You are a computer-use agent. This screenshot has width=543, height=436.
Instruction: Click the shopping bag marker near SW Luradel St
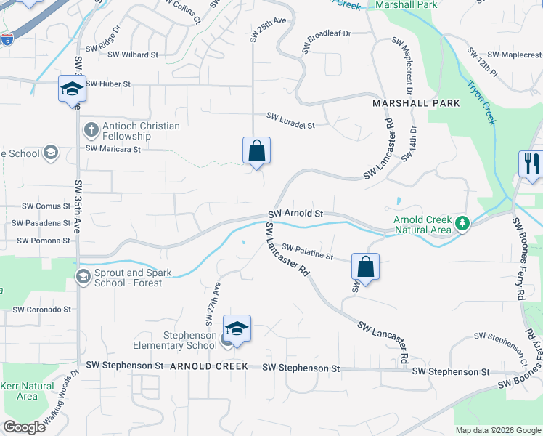coord(256,151)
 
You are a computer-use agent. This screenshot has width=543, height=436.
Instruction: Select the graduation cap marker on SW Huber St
coord(72,89)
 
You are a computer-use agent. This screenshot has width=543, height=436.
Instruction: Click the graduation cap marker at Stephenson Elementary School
coord(237,329)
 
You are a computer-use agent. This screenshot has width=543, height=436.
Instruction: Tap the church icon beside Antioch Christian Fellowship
coord(90,130)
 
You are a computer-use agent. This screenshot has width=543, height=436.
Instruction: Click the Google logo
coord(25,427)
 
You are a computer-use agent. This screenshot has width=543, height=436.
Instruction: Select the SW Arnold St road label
coord(295,214)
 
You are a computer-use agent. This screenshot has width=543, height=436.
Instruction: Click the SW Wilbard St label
coord(130,54)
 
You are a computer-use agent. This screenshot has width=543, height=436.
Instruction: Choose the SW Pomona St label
coord(44,241)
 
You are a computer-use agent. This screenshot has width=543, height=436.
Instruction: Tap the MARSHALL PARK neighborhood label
coord(416,103)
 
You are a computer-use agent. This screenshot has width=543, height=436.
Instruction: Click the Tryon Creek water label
coord(482,102)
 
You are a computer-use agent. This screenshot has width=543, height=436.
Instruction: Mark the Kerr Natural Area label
coord(27,391)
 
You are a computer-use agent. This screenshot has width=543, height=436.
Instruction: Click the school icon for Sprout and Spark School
coord(84,276)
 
